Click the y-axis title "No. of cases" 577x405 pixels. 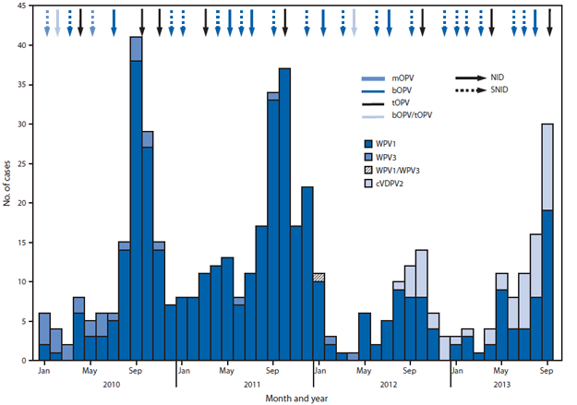pyautogui.click(x=11, y=202)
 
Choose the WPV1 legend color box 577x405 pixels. pyautogui.click(x=370, y=143)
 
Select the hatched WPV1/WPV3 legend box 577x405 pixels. pyautogui.click(x=370, y=169)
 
